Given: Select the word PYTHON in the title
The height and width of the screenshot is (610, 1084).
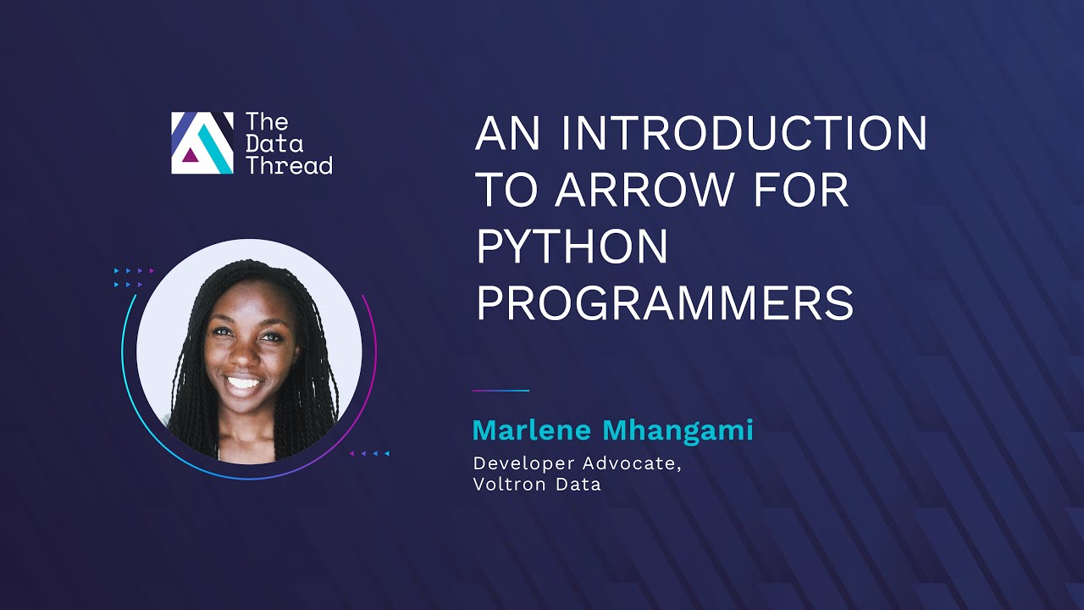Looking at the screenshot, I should (572, 246).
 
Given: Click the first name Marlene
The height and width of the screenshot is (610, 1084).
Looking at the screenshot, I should (534, 430).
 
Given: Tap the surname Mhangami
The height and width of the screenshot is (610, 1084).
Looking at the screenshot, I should (678, 430).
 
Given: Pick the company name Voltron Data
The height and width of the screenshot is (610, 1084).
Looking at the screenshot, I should (537, 485).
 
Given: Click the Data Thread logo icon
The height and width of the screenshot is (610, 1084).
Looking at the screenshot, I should (202, 143).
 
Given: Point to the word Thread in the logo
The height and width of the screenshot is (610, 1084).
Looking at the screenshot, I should (289, 164).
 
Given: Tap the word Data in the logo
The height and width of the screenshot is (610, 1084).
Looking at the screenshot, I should (274, 143).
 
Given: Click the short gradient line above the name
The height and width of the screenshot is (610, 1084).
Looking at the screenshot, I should (501, 391).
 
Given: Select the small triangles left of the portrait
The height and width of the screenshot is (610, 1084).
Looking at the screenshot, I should (134, 277).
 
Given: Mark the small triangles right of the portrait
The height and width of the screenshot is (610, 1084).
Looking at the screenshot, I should (369, 453).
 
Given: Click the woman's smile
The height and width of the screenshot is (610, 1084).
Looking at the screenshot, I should (243, 383).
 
